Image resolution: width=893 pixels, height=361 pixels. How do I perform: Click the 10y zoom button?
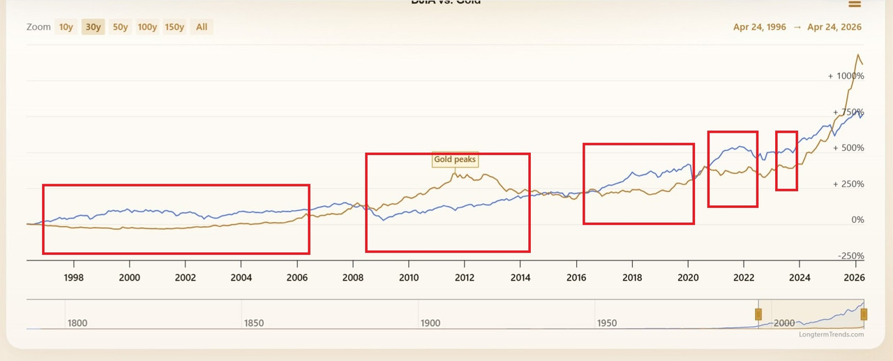tap(66, 27)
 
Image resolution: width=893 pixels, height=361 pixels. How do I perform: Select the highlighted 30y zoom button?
tap(93, 27)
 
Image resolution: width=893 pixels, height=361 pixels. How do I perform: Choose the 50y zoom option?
tap(120, 27)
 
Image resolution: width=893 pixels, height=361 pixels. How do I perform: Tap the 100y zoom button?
tap(147, 27)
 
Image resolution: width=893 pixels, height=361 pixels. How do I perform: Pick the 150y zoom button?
tap(174, 27)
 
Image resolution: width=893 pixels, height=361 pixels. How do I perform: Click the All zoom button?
tap(202, 27)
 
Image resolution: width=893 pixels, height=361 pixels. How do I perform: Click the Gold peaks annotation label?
tap(455, 159)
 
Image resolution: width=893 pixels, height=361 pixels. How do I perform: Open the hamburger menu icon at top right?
tap(854, 3)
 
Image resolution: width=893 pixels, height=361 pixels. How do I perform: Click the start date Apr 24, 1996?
tap(759, 27)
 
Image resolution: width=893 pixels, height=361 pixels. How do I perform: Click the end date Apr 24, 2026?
tap(834, 27)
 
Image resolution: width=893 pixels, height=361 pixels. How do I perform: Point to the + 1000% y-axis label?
tap(846, 75)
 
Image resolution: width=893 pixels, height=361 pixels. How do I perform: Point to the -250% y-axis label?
tap(849, 256)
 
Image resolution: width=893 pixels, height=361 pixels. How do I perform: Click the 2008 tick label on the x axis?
tap(353, 277)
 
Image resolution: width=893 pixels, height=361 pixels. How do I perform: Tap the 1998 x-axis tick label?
tap(74, 277)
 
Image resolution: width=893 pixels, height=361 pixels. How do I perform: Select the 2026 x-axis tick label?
tap(855, 277)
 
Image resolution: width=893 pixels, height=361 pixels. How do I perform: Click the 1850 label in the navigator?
tap(253, 323)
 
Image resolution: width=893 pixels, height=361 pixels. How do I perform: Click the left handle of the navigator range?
tap(758, 314)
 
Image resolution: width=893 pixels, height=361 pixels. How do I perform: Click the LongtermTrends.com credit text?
tap(831, 334)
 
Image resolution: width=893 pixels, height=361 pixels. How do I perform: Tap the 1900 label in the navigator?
tap(430, 323)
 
